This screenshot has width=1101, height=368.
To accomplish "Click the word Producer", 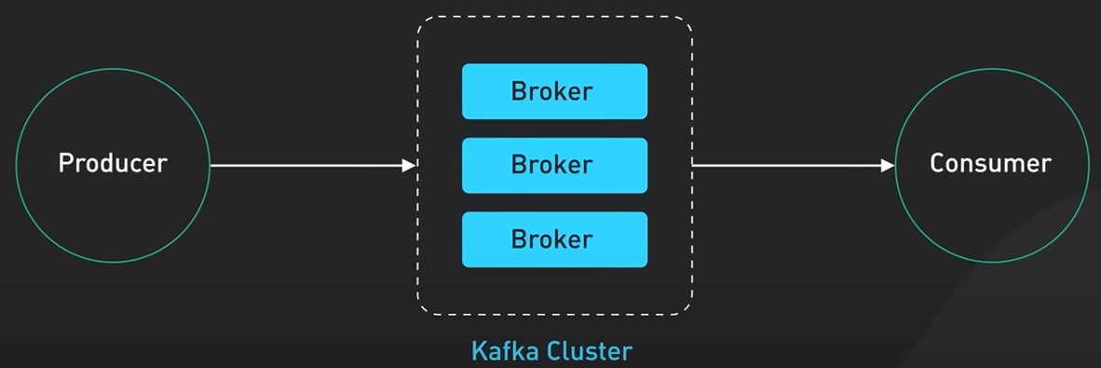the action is point(113,163).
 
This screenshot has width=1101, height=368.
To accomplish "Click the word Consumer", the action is point(991,163).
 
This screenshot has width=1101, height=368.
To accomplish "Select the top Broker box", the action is point(555,91).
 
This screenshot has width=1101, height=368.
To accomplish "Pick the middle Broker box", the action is point(555,165).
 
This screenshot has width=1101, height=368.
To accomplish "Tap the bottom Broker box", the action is point(555,239).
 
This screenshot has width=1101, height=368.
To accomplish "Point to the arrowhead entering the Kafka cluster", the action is point(409,166).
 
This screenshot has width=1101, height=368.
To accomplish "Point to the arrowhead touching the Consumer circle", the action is point(888,166).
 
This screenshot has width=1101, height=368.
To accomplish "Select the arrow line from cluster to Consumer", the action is point(794,166).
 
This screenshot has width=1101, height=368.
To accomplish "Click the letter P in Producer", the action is point(66,163).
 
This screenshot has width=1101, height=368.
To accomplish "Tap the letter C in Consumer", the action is point(937,163).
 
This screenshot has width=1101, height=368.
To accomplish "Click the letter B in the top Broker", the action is point(519,91).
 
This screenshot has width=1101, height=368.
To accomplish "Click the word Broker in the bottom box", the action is point(552,239).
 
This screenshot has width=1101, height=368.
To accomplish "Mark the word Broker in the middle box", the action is point(552,164).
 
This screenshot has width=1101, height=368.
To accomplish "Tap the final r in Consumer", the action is point(1046,166).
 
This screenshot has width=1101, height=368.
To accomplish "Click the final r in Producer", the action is point(162,166).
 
